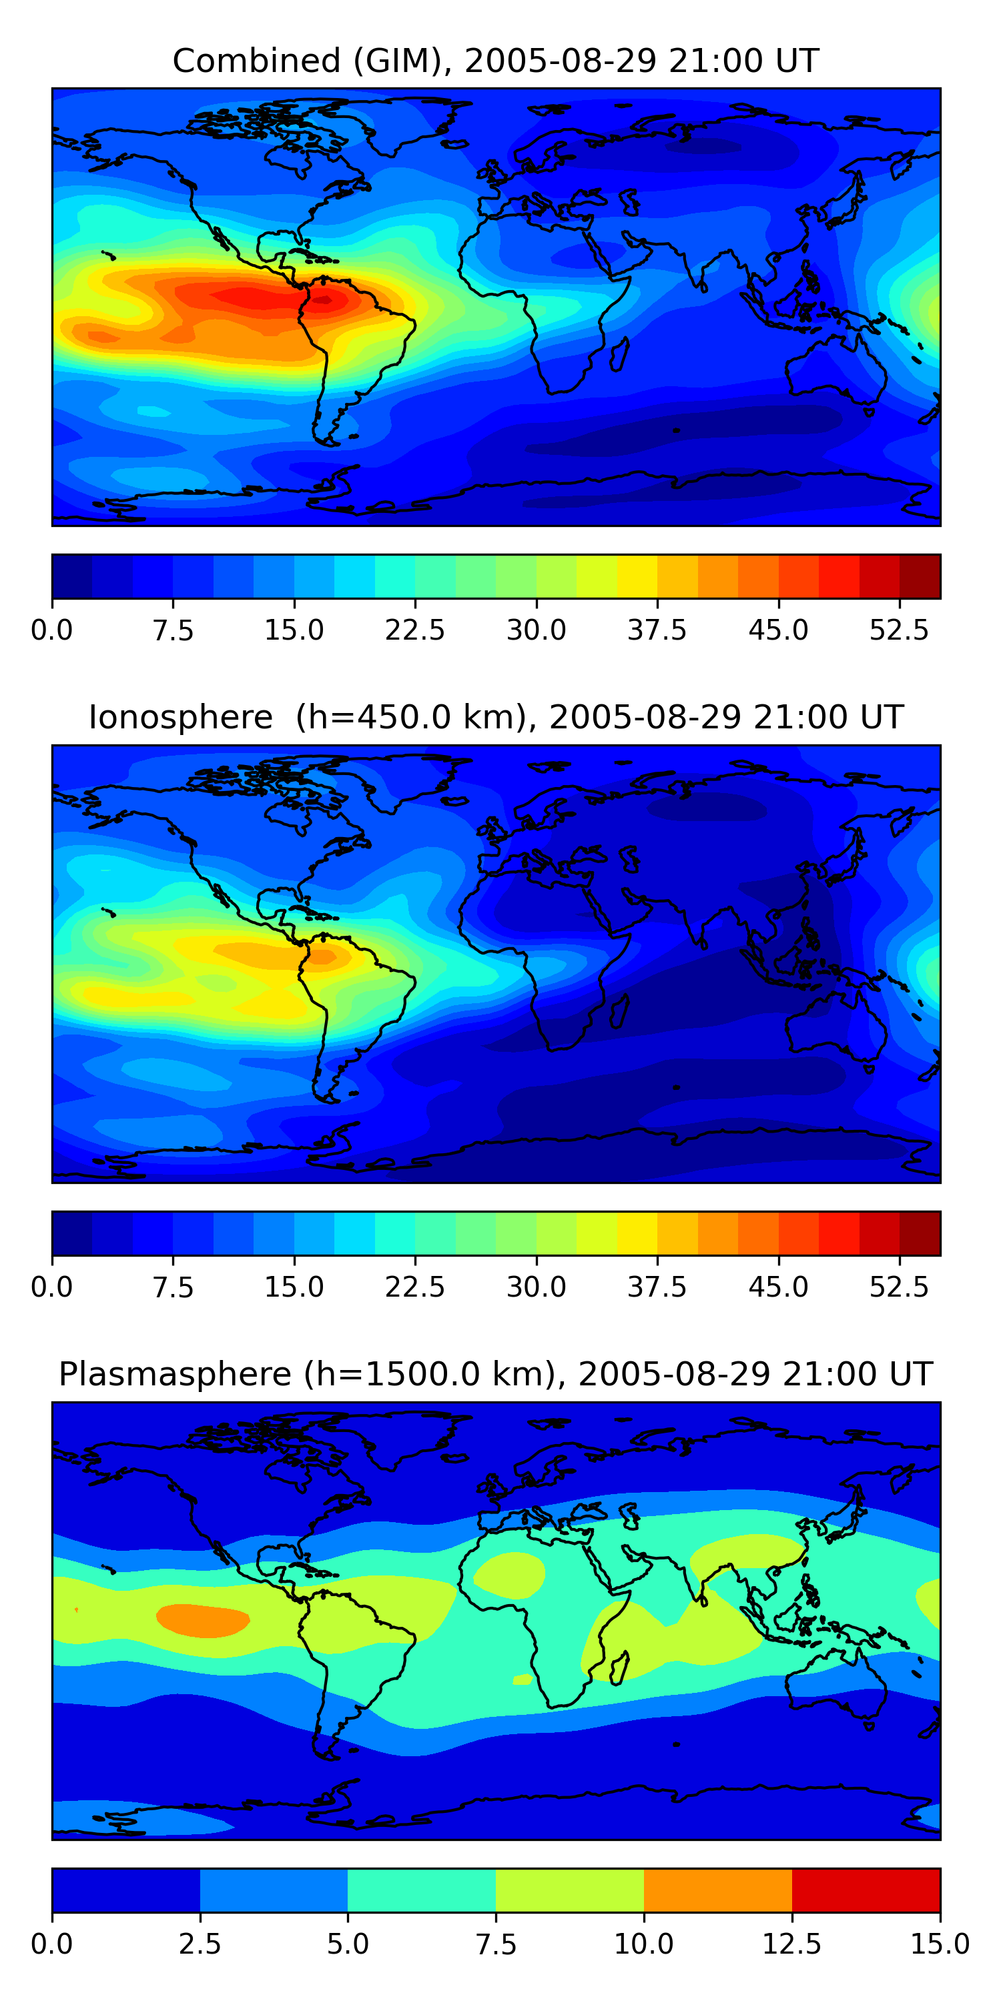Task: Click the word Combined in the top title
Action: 256,61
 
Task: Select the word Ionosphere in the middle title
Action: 180,717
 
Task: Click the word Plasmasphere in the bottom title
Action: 175,1374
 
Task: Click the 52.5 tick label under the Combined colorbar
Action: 899,630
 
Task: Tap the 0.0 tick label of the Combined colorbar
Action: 52,630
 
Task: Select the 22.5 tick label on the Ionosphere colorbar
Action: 415,1287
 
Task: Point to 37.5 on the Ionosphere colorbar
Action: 657,1287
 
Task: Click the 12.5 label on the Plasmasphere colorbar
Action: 792,1944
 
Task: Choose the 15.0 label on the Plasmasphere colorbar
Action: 940,1944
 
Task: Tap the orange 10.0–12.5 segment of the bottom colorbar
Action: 718,1890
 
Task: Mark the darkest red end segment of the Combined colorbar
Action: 920,576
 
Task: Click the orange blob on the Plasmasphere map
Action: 203,1620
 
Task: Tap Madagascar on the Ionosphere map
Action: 619,1011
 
